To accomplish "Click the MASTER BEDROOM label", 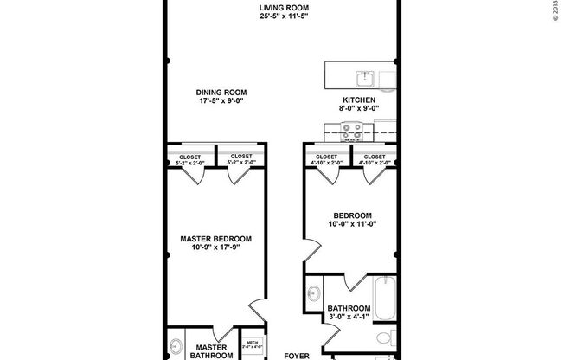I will point(215,239).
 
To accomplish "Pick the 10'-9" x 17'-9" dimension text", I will point(215,249).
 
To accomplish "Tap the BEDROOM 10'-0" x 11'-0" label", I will point(352,220).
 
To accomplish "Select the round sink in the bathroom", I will point(315,292).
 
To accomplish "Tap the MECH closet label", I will point(253,344).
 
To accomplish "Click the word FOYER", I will point(298,355).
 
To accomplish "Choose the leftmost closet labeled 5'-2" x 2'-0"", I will point(189,159).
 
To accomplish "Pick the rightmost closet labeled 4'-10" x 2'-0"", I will point(375,159).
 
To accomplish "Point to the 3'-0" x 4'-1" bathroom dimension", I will point(349,318).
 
